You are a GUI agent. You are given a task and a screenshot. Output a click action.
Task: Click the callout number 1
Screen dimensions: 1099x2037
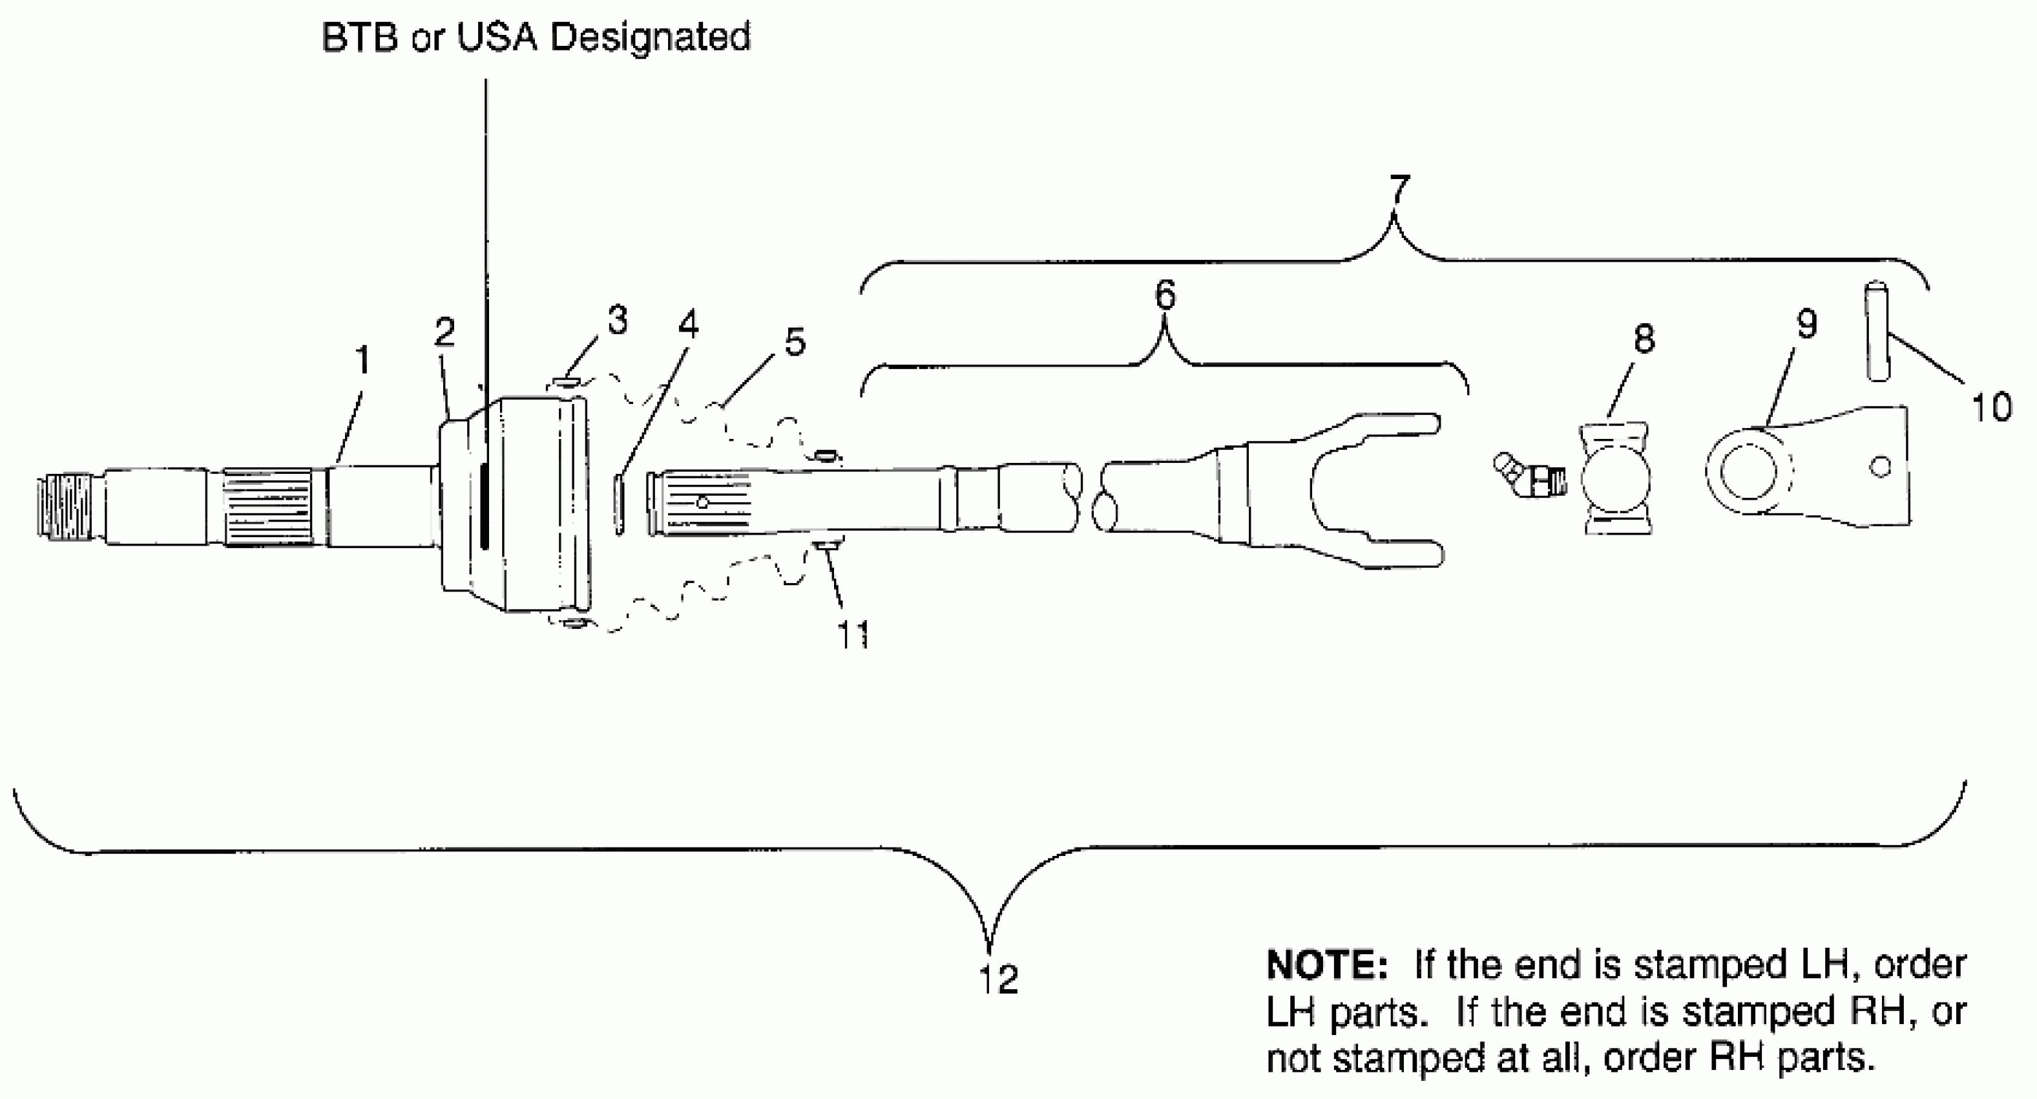click(363, 361)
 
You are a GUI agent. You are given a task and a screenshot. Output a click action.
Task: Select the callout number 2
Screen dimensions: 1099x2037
click(444, 332)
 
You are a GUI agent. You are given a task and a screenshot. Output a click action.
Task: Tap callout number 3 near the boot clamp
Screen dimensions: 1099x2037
click(618, 321)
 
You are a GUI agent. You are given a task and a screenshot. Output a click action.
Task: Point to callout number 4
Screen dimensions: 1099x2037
click(688, 325)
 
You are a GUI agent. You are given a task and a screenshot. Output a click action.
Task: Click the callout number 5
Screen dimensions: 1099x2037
click(795, 342)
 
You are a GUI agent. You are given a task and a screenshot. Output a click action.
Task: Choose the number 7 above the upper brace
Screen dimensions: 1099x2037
click(1399, 190)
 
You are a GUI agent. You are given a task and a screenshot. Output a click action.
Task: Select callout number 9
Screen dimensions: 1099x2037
click(1807, 323)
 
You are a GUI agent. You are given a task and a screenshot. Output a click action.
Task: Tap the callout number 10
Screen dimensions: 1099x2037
click(1991, 407)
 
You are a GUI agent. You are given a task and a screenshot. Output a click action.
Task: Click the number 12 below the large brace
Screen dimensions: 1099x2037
click(998, 979)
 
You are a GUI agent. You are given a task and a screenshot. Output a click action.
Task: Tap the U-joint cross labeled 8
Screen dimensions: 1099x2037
click(1617, 478)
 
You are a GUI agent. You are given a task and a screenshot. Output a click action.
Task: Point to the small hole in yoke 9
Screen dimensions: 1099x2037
click(1881, 467)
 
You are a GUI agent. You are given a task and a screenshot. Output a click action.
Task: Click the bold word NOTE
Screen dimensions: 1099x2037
click(1326, 965)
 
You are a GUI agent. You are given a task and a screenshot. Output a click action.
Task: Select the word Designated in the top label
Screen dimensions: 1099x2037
click(650, 37)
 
